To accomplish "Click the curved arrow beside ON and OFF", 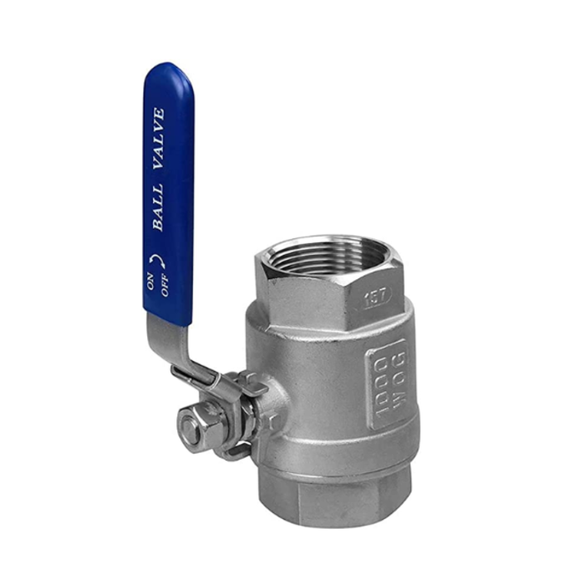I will click(x=156, y=260).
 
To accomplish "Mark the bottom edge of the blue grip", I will click(x=168, y=319).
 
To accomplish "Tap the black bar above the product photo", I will click(x=292, y=24).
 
